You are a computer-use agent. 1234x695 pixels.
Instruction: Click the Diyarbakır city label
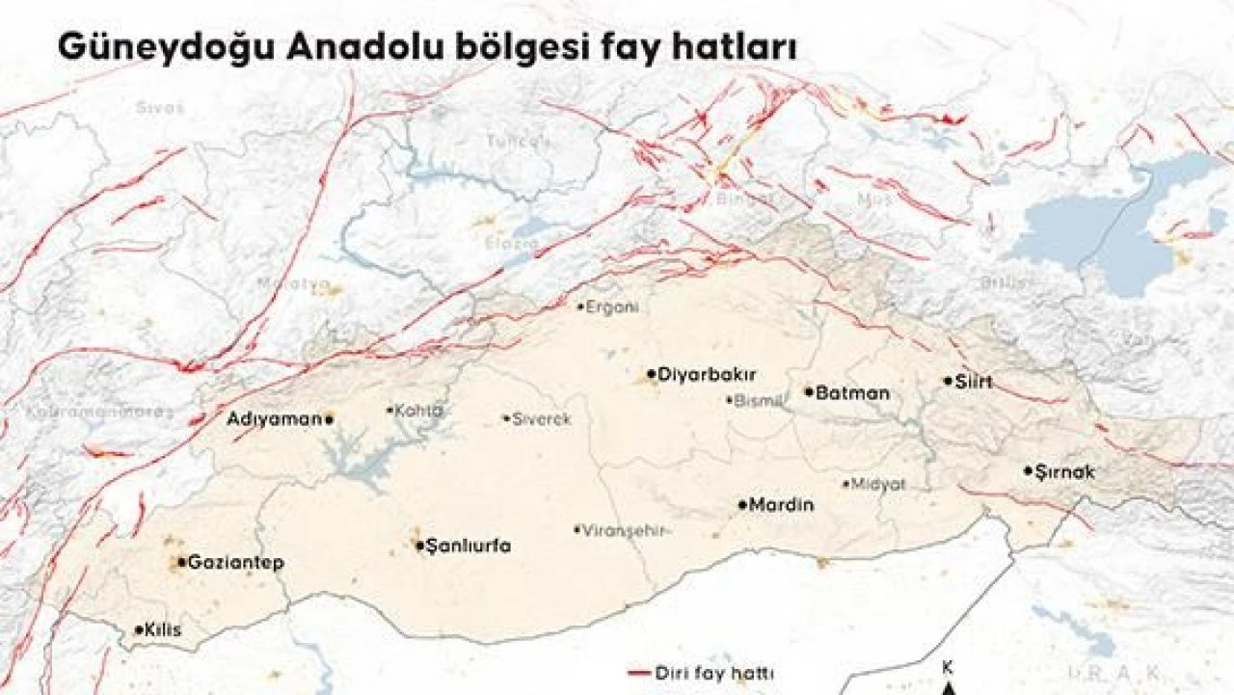tap(707, 374)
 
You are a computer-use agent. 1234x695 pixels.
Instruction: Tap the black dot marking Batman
tap(809, 391)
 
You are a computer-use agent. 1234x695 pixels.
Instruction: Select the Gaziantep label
tap(235, 562)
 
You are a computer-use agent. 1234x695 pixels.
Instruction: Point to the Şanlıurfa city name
tap(469, 546)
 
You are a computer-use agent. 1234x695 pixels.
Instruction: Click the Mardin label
tap(782, 504)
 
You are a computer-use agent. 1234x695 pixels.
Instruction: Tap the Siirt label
tap(974, 381)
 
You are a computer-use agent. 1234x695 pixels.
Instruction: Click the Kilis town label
tap(162, 630)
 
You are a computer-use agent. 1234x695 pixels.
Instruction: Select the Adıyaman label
tap(273, 418)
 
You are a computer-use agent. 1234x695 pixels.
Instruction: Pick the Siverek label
tap(542, 419)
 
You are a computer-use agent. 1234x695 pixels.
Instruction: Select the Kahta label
tap(419, 410)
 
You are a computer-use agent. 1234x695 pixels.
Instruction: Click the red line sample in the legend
tap(639, 672)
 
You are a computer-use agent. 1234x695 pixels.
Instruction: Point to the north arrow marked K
tap(949, 681)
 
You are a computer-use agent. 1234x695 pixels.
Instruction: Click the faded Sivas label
tap(159, 107)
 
